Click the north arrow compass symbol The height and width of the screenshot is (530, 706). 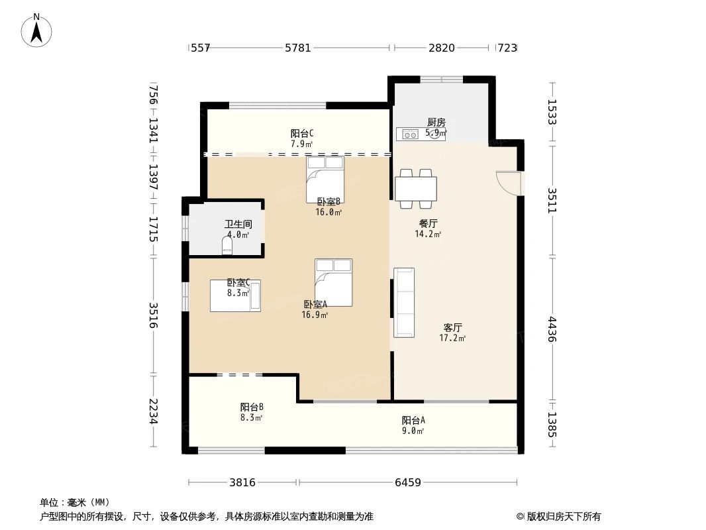pyautogui.click(x=38, y=30)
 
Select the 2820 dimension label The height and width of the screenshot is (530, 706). pyautogui.click(x=442, y=48)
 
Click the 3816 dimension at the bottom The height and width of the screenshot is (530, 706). pyautogui.click(x=242, y=482)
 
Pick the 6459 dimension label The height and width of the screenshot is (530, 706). pyautogui.click(x=408, y=482)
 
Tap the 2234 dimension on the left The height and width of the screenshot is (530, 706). pyautogui.click(x=153, y=411)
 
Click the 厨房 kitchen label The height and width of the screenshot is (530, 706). pyautogui.click(x=435, y=122)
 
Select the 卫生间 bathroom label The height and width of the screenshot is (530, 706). pyautogui.click(x=238, y=225)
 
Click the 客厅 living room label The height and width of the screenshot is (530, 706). pyautogui.click(x=452, y=327)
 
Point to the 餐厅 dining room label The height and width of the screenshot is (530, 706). pyautogui.click(x=428, y=223)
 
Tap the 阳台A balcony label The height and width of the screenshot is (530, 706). pyautogui.click(x=413, y=420)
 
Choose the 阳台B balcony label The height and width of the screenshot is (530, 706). pyautogui.click(x=252, y=407)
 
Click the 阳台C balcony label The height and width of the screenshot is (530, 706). pyautogui.click(x=302, y=133)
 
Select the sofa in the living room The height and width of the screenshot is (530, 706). pyautogui.click(x=404, y=302)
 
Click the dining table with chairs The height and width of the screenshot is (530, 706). pyautogui.click(x=416, y=188)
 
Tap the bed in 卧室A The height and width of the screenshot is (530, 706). pyautogui.click(x=334, y=282)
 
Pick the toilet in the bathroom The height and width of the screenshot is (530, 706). pyautogui.click(x=227, y=247)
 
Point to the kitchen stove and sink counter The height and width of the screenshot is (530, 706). pyautogui.click(x=421, y=134)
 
